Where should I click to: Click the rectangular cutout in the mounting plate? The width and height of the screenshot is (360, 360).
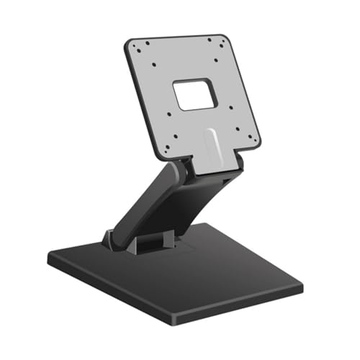click(194, 94)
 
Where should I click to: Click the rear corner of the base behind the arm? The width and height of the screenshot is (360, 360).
click(216, 224)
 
